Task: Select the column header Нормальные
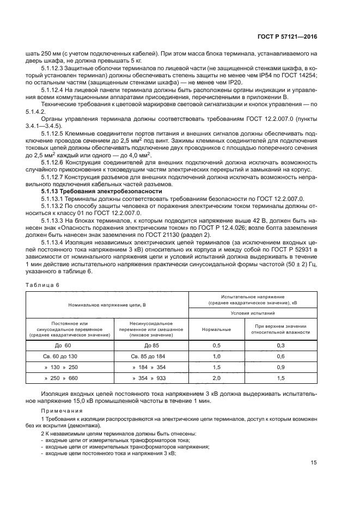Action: tap(216, 329)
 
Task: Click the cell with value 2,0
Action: tap(216, 378)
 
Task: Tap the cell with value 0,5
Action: tap(216, 345)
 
